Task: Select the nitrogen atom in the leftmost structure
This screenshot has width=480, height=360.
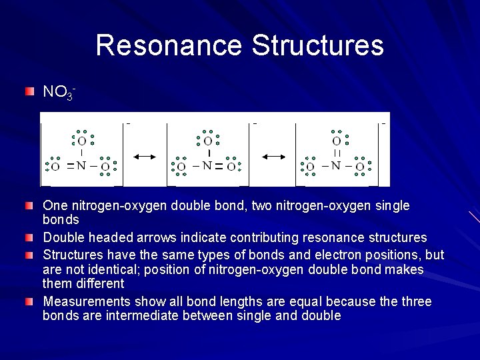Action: pyautogui.click(x=81, y=165)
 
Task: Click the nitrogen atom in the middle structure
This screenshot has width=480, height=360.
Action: pyautogui.click(x=207, y=165)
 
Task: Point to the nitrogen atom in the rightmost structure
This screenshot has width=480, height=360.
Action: pyautogui.click(x=336, y=165)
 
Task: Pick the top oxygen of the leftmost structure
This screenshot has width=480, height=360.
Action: pyautogui.click(x=81, y=141)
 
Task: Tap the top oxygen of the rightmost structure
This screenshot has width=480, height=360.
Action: pyautogui.click(x=337, y=141)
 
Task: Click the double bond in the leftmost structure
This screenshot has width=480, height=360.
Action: pyautogui.click(x=69, y=165)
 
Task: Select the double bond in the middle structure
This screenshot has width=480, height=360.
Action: pyautogui.click(x=219, y=165)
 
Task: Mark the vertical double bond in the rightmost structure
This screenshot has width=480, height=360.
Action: pyautogui.click(x=337, y=153)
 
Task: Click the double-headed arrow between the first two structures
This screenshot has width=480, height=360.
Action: pyautogui.click(x=145, y=156)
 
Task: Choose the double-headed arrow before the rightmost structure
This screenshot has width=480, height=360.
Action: pyautogui.click(x=273, y=156)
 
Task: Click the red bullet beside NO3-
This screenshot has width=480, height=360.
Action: pyautogui.click(x=30, y=91)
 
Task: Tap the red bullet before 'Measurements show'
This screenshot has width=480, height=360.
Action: pyautogui.click(x=30, y=301)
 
